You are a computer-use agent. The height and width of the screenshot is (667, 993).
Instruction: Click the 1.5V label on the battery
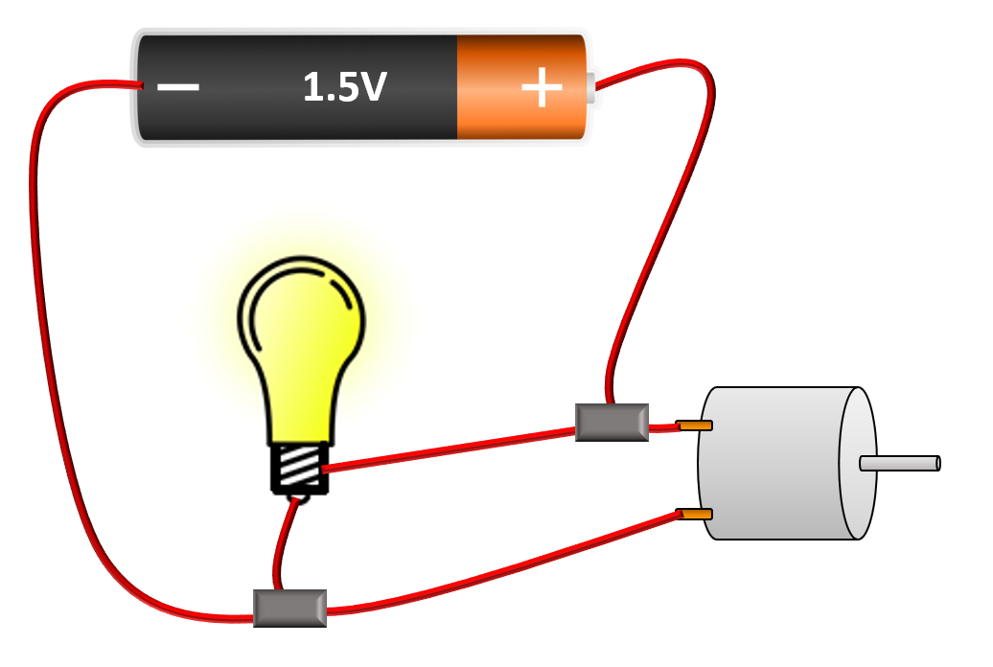(344, 87)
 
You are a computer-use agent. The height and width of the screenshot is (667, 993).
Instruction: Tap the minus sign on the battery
(177, 87)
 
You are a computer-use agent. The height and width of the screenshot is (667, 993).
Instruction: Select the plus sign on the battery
(542, 88)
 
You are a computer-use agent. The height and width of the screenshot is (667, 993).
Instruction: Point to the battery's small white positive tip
(590, 87)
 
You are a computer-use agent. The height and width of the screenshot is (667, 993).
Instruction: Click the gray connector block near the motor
(612, 422)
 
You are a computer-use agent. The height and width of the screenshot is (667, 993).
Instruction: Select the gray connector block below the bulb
(289, 608)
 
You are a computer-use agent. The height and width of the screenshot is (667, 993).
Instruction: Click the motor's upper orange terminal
(694, 425)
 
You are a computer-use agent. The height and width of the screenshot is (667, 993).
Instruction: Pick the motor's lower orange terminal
(694, 515)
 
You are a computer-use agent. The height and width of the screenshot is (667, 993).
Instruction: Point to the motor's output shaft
(901, 463)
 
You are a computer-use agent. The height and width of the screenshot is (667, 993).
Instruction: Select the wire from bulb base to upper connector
(450, 448)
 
